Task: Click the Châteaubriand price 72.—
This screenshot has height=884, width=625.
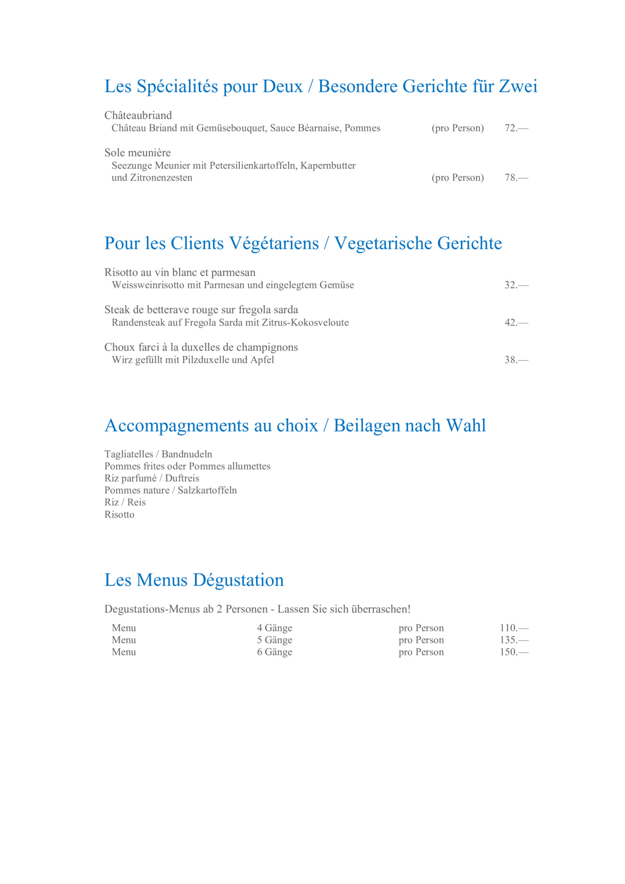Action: pos(516,128)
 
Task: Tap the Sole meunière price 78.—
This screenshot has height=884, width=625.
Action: pos(516,178)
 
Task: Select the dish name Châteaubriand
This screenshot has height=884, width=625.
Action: pos(138,116)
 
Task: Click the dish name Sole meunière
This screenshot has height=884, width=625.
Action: pos(138,153)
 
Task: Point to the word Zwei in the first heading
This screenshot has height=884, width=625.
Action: pos(518,86)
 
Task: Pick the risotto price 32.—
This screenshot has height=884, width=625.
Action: pos(516,285)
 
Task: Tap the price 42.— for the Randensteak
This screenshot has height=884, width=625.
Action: pos(516,323)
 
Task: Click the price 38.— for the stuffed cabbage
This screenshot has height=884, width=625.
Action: pos(516,360)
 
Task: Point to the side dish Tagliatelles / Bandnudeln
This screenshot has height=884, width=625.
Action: pos(158,454)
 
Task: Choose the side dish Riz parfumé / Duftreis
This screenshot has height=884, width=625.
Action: pos(152,478)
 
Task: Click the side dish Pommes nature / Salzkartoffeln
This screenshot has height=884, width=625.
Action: pos(171,491)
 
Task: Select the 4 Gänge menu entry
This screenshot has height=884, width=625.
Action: pos(275,628)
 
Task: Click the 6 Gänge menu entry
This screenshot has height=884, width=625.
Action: pos(275,652)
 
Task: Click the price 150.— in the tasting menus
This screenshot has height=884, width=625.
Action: pos(514,652)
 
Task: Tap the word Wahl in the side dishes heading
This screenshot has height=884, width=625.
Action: pos(465,426)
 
